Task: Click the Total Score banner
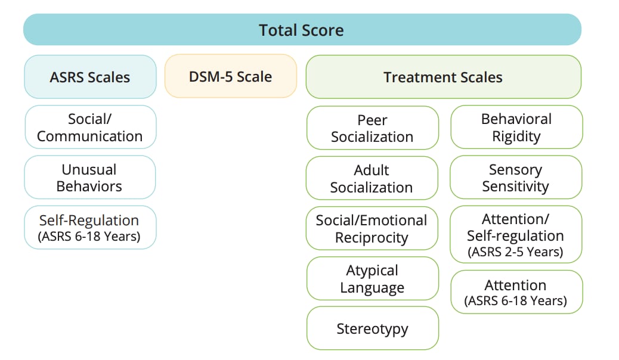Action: point(302,30)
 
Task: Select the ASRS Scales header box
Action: point(90,77)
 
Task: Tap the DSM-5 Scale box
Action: point(231,76)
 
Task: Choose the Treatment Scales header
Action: point(443,77)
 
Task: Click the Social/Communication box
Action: point(90,127)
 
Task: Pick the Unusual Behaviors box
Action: point(89,178)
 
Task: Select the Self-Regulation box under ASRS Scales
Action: point(90,227)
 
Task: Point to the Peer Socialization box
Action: point(372,128)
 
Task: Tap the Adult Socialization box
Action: point(372,178)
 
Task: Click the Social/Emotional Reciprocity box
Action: point(372,228)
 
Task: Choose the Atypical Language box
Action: point(372,278)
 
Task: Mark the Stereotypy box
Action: point(372,328)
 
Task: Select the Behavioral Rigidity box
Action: point(516,127)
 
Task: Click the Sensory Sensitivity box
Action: point(515,178)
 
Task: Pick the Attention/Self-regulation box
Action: point(515,234)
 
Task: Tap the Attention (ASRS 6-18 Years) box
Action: point(516,292)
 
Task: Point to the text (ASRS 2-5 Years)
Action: point(515,252)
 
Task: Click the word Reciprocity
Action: point(372,238)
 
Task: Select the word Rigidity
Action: point(516,136)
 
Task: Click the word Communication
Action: point(90,136)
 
